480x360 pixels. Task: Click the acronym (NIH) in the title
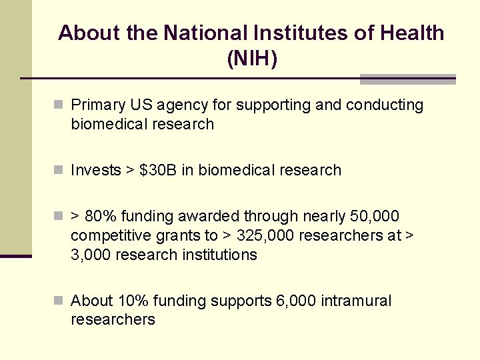pos(252,59)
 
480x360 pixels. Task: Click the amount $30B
pos(159,170)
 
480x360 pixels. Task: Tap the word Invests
pos(96,170)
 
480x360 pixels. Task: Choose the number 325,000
pos(267,235)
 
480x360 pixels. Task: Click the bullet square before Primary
pos(59,105)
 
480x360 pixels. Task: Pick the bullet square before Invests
pos(59,170)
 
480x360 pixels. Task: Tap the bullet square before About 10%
pos(59,301)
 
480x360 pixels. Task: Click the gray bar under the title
pos(407,79)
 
